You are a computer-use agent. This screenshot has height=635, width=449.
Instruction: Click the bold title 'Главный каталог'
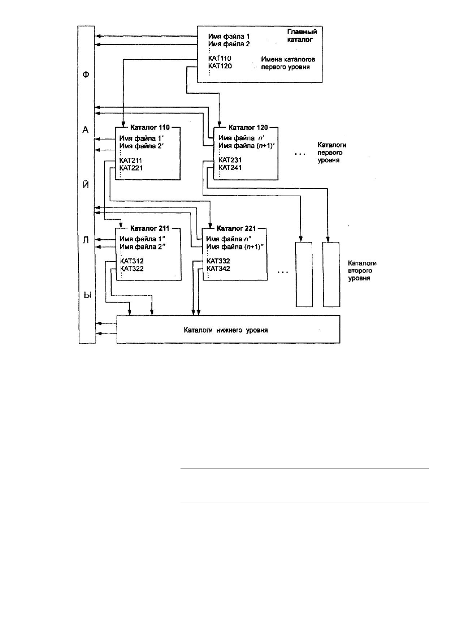click(x=302, y=36)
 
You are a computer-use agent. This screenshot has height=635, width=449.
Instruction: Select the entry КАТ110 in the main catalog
click(x=220, y=58)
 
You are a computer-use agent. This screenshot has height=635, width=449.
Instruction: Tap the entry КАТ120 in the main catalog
click(x=220, y=66)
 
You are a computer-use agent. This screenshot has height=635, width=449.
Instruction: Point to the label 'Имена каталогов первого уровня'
click(x=288, y=63)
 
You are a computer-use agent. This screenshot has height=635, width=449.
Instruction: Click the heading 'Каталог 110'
click(x=150, y=127)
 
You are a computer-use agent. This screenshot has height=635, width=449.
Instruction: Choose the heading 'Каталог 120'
click(x=248, y=128)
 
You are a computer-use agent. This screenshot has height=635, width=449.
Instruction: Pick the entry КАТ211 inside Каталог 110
click(x=131, y=160)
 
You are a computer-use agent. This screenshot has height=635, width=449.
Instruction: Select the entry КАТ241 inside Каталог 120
click(x=230, y=167)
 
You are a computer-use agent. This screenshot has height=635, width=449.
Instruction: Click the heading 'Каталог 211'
click(x=150, y=228)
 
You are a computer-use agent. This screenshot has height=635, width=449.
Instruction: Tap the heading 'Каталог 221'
click(x=236, y=228)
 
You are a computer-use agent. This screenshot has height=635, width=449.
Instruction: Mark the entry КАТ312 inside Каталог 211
click(x=132, y=261)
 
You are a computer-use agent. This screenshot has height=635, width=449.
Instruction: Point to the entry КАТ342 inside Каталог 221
click(x=218, y=268)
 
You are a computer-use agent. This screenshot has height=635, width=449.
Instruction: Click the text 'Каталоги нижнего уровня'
click(x=226, y=330)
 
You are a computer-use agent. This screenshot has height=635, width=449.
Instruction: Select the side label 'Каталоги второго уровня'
click(x=362, y=270)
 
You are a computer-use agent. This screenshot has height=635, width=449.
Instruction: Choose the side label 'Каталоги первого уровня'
click(x=332, y=152)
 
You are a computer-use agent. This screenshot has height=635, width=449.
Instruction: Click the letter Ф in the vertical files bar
click(x=85, y=74)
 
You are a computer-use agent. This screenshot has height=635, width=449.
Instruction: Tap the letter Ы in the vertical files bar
click(x=87, y=296)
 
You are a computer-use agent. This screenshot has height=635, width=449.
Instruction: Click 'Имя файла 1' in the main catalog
click(x=229, y=36)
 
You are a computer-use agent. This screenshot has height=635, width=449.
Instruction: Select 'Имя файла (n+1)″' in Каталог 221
click(x=235, y=247)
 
